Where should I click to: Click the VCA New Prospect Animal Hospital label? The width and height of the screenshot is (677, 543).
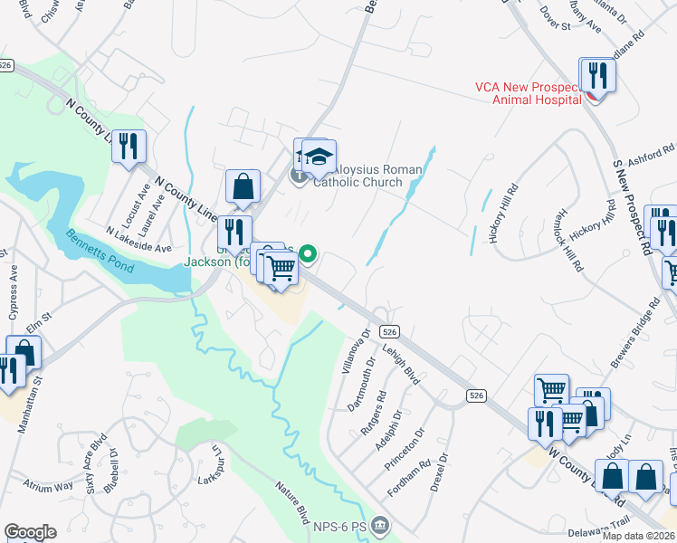528,94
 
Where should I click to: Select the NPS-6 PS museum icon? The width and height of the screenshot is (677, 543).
381,524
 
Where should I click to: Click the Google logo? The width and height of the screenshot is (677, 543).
30,532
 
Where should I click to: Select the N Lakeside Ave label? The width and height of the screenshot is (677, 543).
138,238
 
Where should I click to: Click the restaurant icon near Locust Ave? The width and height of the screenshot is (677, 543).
129,147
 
